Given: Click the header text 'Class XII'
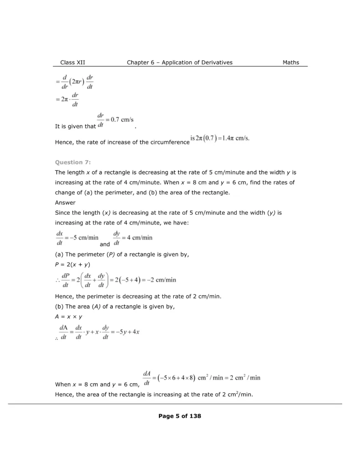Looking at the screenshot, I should click(x=72, y=63).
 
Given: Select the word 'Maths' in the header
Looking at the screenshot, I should click(x=291, y=63).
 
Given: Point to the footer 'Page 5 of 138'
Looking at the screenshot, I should click(x=180, y=416).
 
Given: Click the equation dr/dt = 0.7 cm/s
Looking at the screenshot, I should click(x=116, y=120).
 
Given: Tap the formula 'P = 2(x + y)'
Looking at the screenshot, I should click(x=72, y=264).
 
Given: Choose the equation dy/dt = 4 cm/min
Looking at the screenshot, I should click(x=132, y=238).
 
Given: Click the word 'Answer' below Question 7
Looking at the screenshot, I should click(x=65, y=203).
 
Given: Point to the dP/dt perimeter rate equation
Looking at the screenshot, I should click(x=118, y=280).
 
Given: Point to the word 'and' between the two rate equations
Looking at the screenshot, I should click(x=105, y=244).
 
